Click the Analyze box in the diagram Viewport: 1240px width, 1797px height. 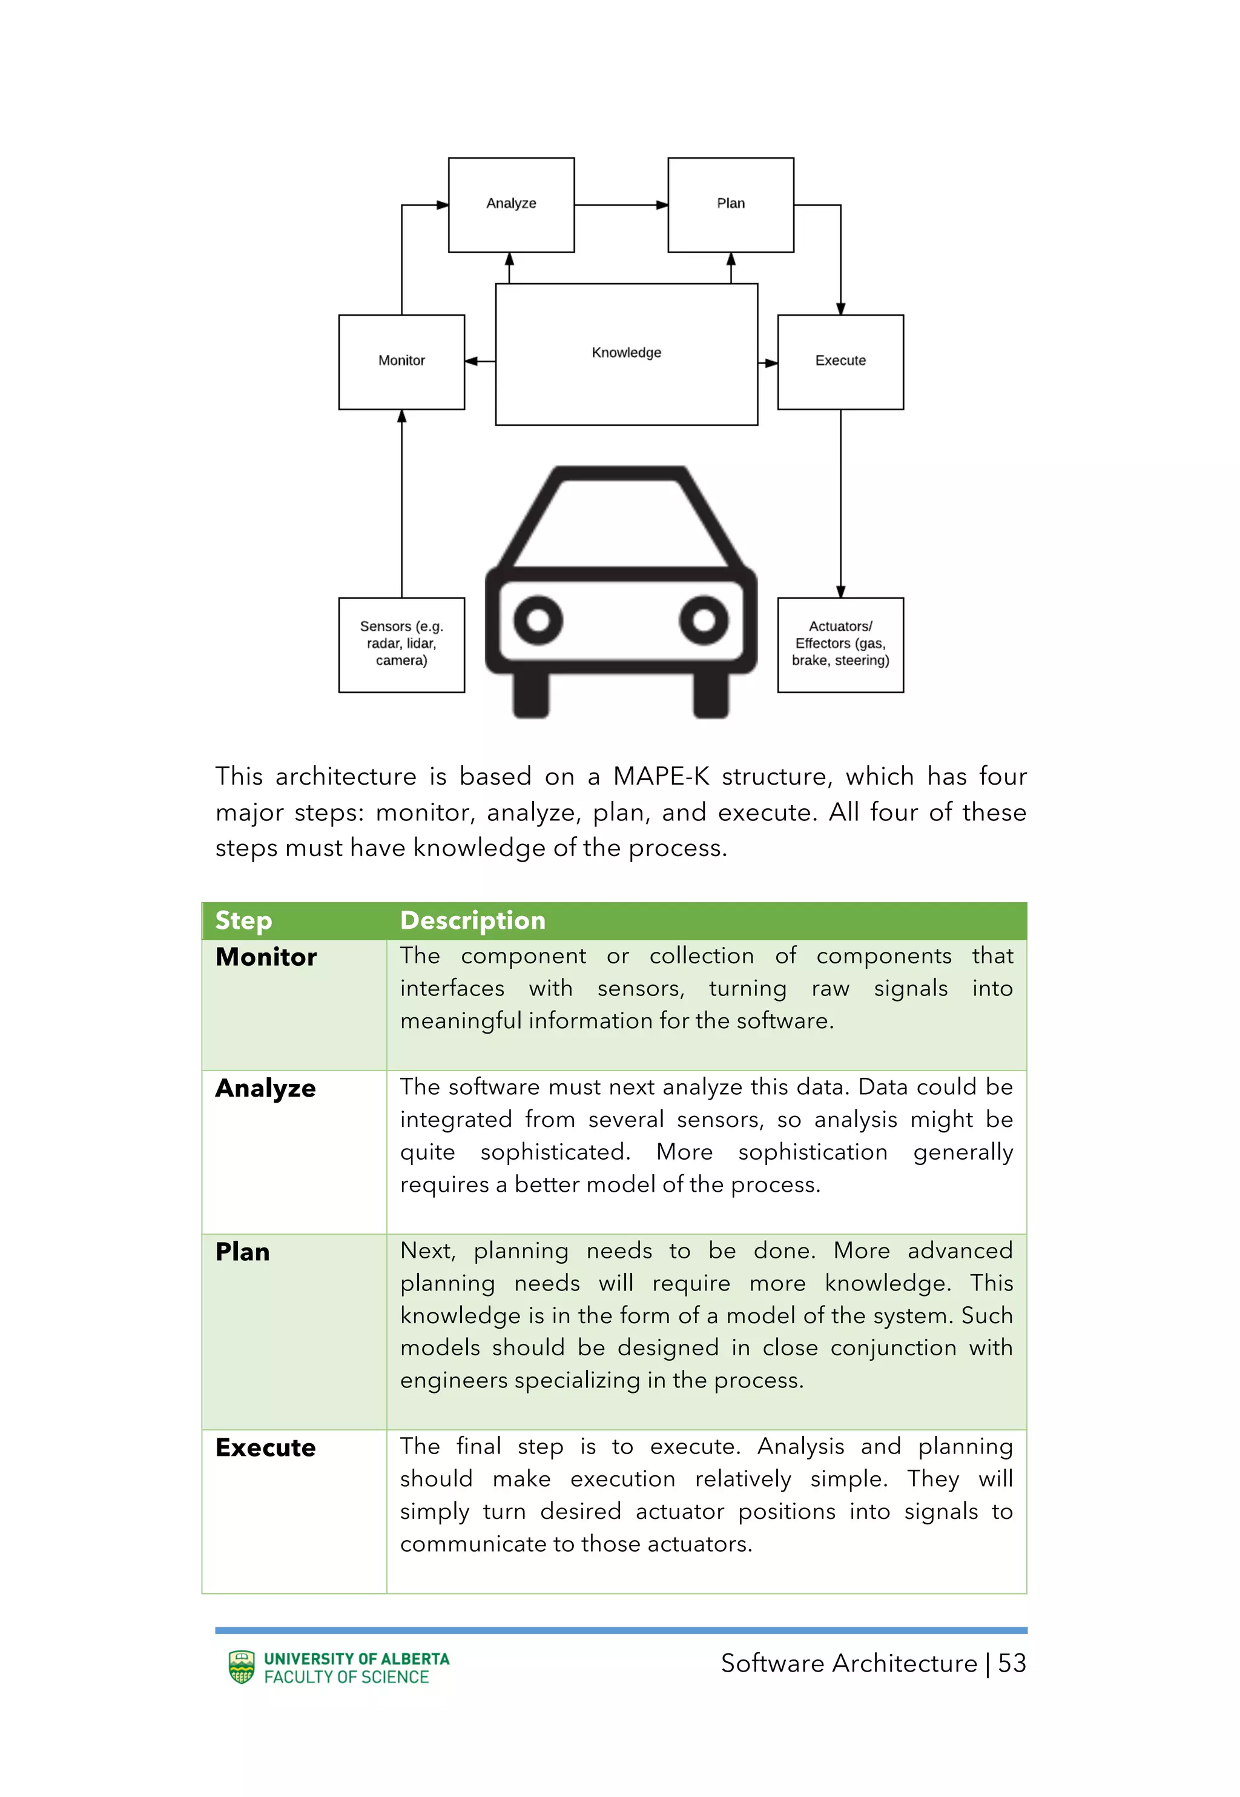pyautogui.click(x=511, y=204)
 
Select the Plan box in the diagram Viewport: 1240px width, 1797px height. pyautogui.click(x=730, y=204)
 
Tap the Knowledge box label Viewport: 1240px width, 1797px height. pyautogui.click(x=626, y=353)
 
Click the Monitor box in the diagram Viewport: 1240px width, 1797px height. pyautogui.click(x=401, y=362)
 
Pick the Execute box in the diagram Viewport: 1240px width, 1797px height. pyautogui.click(x=840, y=362)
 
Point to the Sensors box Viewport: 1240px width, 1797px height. pyautogui.click(x=401, y=645)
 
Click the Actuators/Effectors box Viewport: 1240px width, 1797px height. pyautogui.click(x=840, y=645)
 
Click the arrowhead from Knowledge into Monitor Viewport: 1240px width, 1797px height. pyautogui.click(x=471, y=362)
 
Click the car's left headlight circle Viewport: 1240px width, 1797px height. pyautogui.click(x=538, y=620)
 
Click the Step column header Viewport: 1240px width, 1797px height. pyautogui.click(x=243, y=920)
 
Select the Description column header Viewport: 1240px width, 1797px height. pyautogui.click(x=472, y=920)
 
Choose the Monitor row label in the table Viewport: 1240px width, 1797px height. pyautogui.click(x=266, y=957)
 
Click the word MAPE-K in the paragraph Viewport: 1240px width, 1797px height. pyautogui.click(x=661, y=777)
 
